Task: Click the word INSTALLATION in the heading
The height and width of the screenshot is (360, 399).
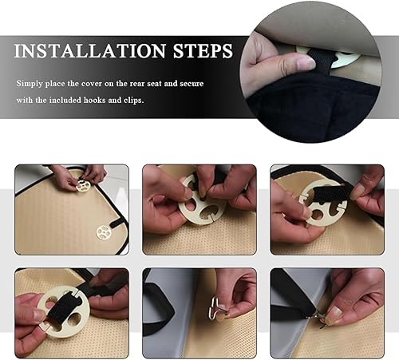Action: click(89, 51)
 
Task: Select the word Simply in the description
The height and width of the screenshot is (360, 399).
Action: click(31, 83)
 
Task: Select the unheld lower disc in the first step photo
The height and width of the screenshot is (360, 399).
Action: click(103, 231)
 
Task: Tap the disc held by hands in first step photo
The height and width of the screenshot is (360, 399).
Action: click(83, 185)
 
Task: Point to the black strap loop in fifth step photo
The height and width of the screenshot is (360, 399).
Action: click(157, 303)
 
